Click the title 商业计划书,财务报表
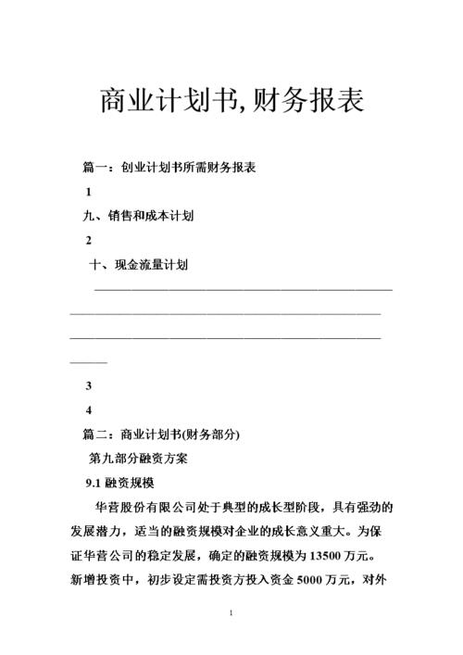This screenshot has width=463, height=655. pos(231,99)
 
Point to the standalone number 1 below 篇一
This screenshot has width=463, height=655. pos(88,193)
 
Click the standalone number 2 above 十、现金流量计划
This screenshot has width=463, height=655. pos(88,241)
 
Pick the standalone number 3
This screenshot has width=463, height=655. pos(88,385)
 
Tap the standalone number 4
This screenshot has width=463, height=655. pos(88,409)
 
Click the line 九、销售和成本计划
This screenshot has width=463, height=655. pos(138,217)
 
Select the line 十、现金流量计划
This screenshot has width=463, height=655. pos(138,265)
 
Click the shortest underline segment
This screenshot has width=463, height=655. pos(89,359)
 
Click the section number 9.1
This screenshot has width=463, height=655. pos(94,483)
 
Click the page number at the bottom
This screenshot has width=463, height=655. pos(231,614)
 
